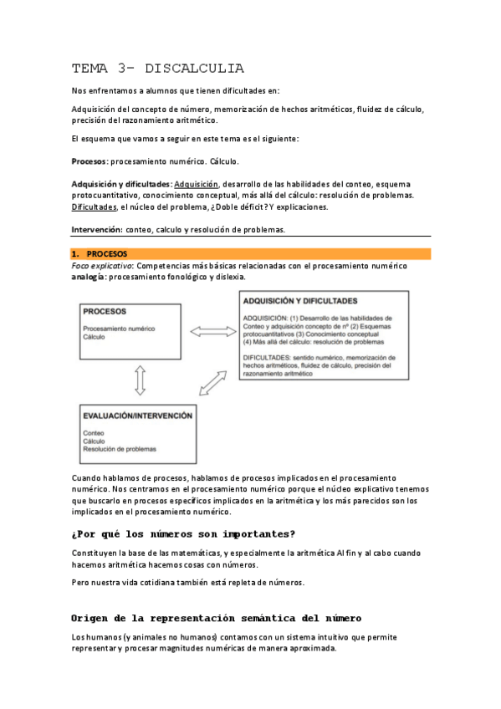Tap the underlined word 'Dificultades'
point(95,207)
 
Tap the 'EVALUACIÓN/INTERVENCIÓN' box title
point(137,415)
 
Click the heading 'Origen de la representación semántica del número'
point(217,618)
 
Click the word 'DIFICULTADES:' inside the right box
point(269,358)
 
